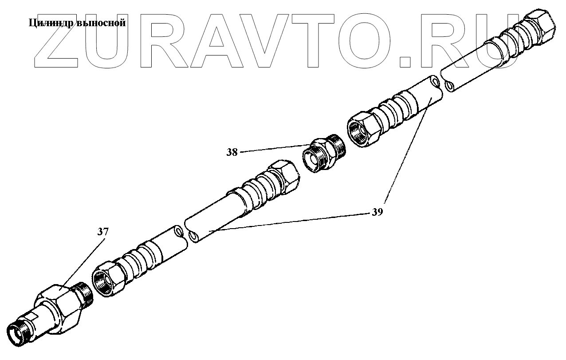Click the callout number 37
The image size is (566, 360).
click(103, 232)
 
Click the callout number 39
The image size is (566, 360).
click(377, 212)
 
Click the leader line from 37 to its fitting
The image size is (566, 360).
click(84, 260)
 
